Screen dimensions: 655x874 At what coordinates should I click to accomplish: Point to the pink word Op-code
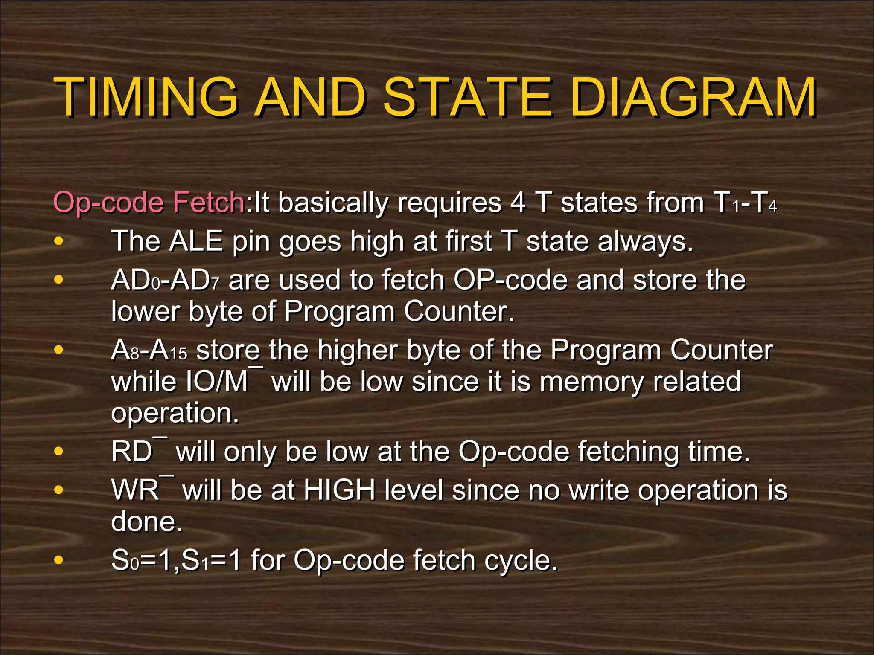coord(108,203)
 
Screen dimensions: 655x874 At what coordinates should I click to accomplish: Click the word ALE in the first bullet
coord(196,241)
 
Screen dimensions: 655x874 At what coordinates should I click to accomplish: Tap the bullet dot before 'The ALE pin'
coord(59,242)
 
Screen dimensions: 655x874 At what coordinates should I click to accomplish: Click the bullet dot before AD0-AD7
coord(59,280)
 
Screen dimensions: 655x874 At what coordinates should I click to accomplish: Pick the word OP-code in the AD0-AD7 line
coord(510,281)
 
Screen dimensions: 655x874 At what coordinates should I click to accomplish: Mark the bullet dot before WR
coord(59,490)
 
